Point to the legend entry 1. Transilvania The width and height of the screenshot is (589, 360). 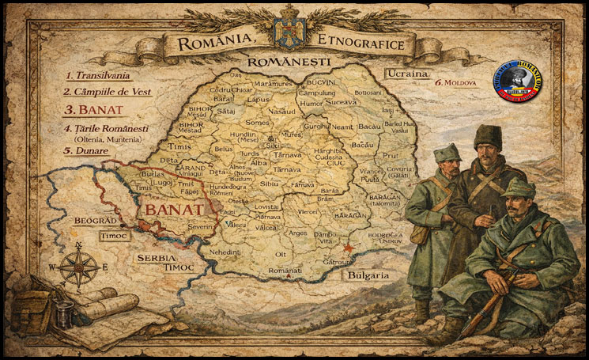point(100,76)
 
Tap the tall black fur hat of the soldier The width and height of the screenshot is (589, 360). point(488,136)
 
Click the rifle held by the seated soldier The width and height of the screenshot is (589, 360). point(486,301)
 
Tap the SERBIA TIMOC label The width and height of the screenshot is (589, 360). point(157,263)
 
